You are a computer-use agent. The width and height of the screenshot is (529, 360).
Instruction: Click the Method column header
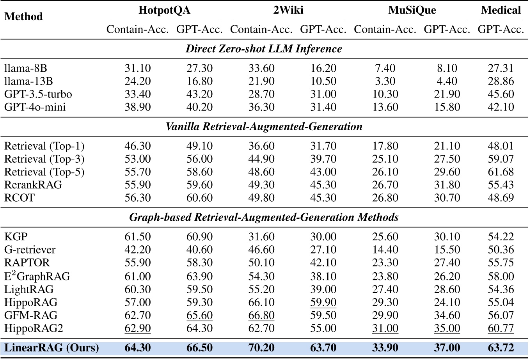(23, 17)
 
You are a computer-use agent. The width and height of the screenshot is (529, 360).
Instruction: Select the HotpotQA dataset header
(164, 10)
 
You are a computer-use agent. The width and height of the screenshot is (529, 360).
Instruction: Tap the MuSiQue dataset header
(412, 10)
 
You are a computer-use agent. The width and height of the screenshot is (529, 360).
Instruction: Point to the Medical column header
(501, 10)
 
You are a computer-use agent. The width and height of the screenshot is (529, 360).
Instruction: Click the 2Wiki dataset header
(288, 10)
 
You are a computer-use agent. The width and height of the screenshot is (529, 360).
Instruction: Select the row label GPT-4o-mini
(35, 107)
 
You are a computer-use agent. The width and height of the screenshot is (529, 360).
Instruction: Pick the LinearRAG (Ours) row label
(51, 348)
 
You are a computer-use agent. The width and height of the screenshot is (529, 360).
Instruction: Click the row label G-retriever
(30, 250)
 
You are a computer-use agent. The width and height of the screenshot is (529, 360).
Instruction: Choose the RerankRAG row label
(33, 184)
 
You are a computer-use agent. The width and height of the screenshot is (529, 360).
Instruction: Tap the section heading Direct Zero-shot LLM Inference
(264, 49)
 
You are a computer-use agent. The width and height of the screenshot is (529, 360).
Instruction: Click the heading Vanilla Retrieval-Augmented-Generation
(264, 127)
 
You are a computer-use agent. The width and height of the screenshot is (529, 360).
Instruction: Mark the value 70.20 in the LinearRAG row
(261, 348)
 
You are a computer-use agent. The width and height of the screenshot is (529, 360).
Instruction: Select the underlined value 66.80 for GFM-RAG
(261, 315)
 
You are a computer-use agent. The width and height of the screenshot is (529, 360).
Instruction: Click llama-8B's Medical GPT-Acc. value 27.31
(501, 68)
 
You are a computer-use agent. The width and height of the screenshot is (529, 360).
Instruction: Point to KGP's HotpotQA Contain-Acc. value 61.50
(137, 237)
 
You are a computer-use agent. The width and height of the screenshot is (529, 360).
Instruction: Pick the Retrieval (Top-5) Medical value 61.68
(501, 172)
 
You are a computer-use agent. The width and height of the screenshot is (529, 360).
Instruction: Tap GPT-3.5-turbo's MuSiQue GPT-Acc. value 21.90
(447, 94)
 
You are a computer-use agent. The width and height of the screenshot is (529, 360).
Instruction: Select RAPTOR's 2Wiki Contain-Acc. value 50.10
(261, 262)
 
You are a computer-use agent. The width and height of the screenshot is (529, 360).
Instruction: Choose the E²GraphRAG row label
(37, 276)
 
